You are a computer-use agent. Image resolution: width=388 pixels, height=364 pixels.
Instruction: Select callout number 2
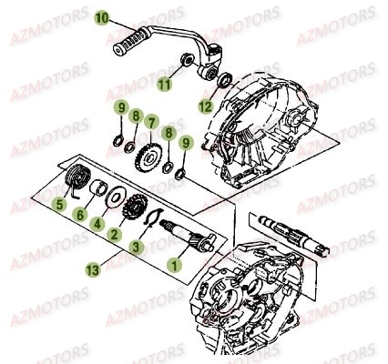115,235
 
